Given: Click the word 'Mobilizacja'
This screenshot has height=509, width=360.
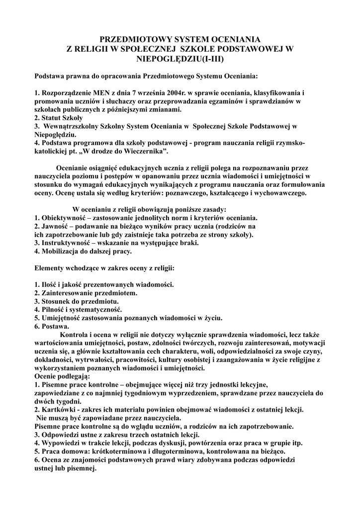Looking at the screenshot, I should [x=60, y=251].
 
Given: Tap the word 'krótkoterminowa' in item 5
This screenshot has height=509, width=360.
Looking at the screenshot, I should [x=124, y=451].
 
